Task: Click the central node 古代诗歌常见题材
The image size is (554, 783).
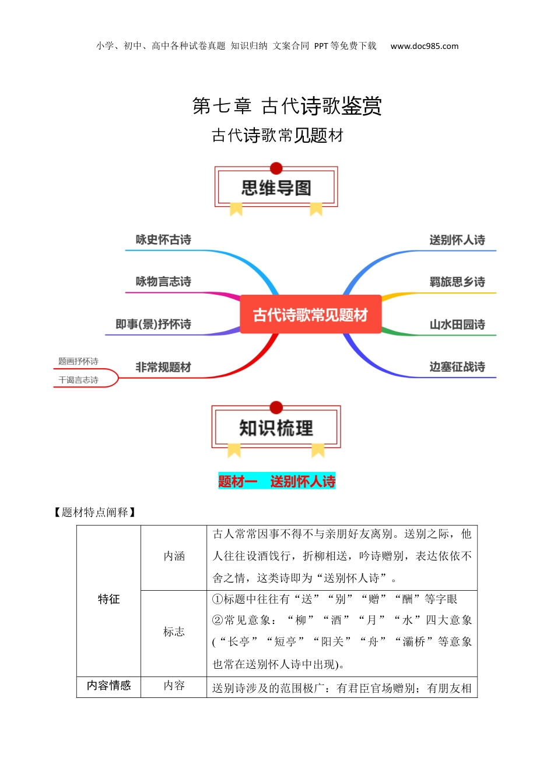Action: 310,315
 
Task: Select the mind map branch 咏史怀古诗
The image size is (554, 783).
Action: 163,239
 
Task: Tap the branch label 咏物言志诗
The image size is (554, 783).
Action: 163,281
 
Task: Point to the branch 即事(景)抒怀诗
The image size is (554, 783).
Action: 153,324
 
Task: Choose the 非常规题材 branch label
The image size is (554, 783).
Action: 163,367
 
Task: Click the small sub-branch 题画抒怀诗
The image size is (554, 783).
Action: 78,361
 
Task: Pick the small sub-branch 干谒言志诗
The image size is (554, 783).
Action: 78,380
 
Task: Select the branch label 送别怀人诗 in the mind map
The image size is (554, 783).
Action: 457,239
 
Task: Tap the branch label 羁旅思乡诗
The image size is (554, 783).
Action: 457,281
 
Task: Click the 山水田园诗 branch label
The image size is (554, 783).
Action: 457,324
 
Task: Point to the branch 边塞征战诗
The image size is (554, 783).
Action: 457,366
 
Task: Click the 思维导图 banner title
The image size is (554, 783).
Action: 276,188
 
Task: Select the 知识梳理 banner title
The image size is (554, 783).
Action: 276,428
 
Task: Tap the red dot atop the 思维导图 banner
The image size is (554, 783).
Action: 276,168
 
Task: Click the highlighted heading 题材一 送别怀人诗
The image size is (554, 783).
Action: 276,481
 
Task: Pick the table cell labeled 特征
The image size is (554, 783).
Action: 108,599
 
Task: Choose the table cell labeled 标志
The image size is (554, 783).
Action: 174,632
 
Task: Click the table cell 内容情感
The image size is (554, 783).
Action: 108,686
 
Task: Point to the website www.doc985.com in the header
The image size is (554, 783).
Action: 425,46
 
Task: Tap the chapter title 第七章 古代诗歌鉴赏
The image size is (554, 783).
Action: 287,106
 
